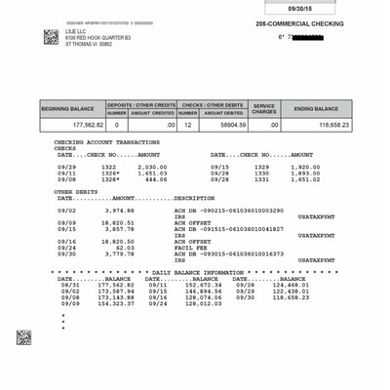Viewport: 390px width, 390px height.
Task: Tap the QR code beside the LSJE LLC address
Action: [51, 37]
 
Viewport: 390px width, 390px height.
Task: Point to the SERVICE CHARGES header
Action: [265, 109]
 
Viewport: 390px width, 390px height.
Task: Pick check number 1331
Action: [260, 179]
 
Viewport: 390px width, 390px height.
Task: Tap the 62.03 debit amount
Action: [124, 247]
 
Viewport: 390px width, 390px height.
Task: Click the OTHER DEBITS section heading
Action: [81, 191]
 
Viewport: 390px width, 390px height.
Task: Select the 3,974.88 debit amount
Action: [119, 210]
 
